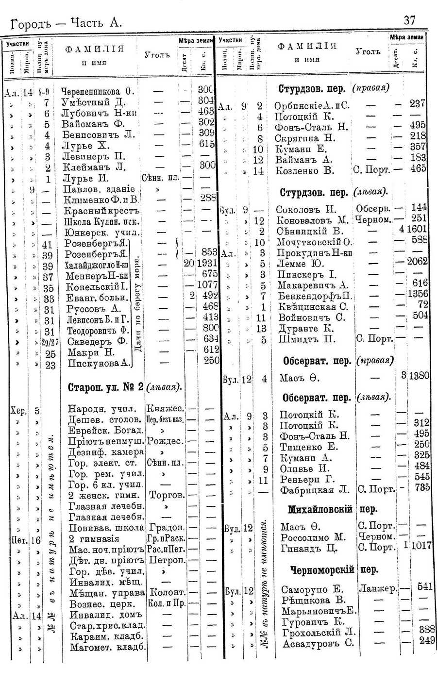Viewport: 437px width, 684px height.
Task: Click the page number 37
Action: (409, 20)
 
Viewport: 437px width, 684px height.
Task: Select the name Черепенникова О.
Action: (97, 91)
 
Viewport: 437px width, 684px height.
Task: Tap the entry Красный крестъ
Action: (102, 211)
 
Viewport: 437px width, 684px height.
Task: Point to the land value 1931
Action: (207, 264)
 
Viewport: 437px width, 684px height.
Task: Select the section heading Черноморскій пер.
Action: (334, 569)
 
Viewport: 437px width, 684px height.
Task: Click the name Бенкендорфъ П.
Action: (315, 296)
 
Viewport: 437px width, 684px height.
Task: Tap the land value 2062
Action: (417, 262)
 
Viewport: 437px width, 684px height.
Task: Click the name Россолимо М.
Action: (313, 537)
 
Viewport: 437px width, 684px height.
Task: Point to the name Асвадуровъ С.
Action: (317, 644)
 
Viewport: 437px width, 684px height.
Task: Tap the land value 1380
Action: (418, 376)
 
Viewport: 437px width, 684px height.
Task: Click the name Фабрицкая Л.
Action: (314, 490)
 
